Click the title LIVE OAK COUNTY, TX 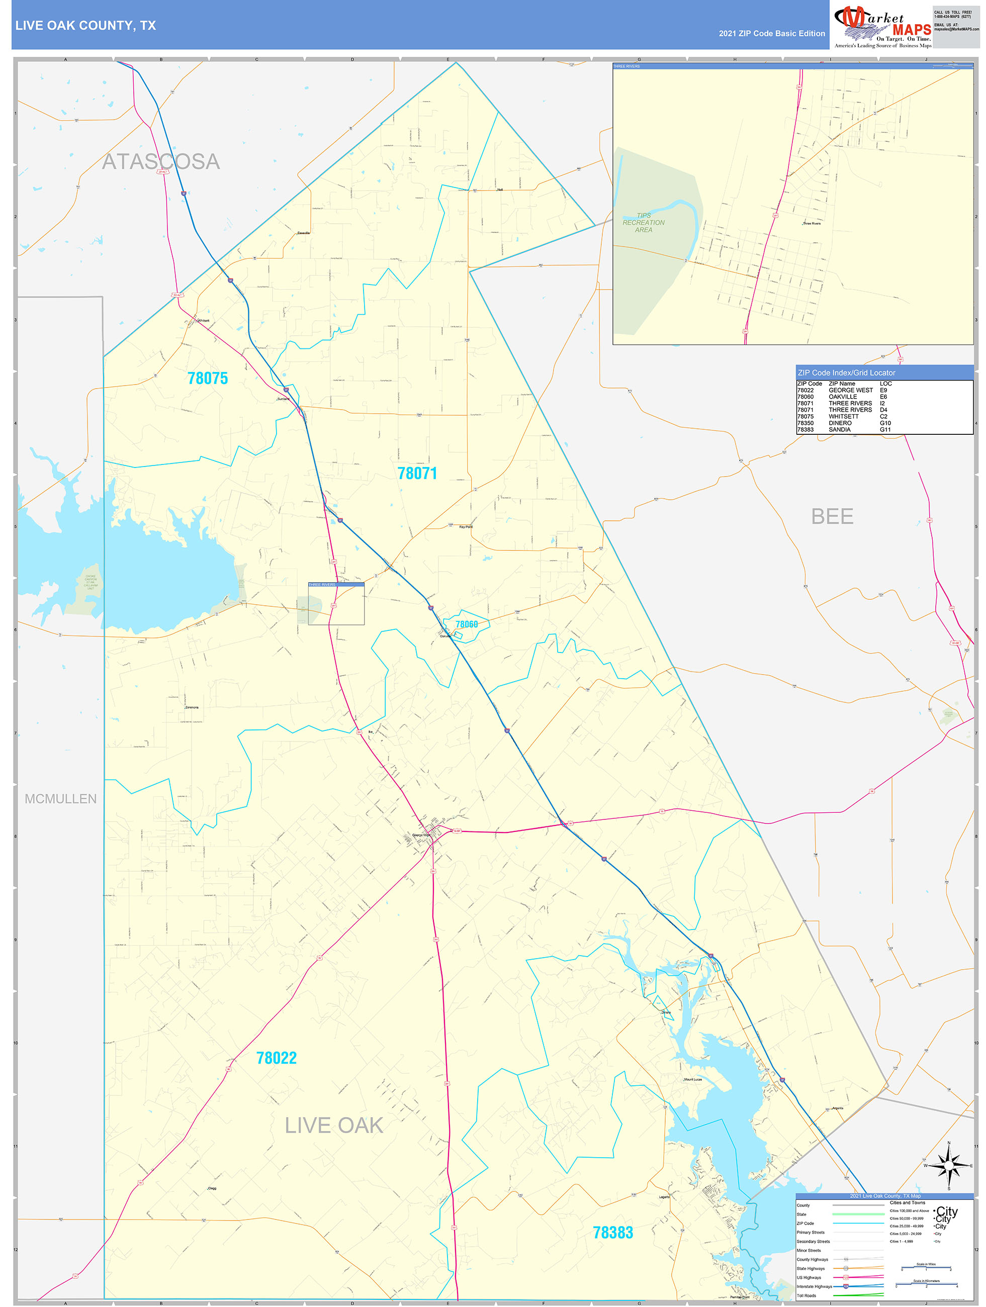click(x=85, y=26)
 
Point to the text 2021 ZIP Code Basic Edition click(x=771, y=34)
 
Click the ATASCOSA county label click(x=161, y=161)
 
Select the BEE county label click(x=832, y=516)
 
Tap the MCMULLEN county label click(x=60, y=799)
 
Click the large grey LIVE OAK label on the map click(x=334, y=1126)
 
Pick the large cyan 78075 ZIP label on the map click(x=208, y=378)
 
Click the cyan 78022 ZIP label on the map click(x=276, y=1058)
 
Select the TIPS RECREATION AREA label click(x=643, y=223)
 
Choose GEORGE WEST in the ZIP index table click(x=850, y=391)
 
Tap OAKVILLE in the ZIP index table click(x=842, y=397)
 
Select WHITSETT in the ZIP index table click(x=844, y=417)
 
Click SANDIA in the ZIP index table click(x=839, y=430)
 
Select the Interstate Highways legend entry click(x=814, y=1286)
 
